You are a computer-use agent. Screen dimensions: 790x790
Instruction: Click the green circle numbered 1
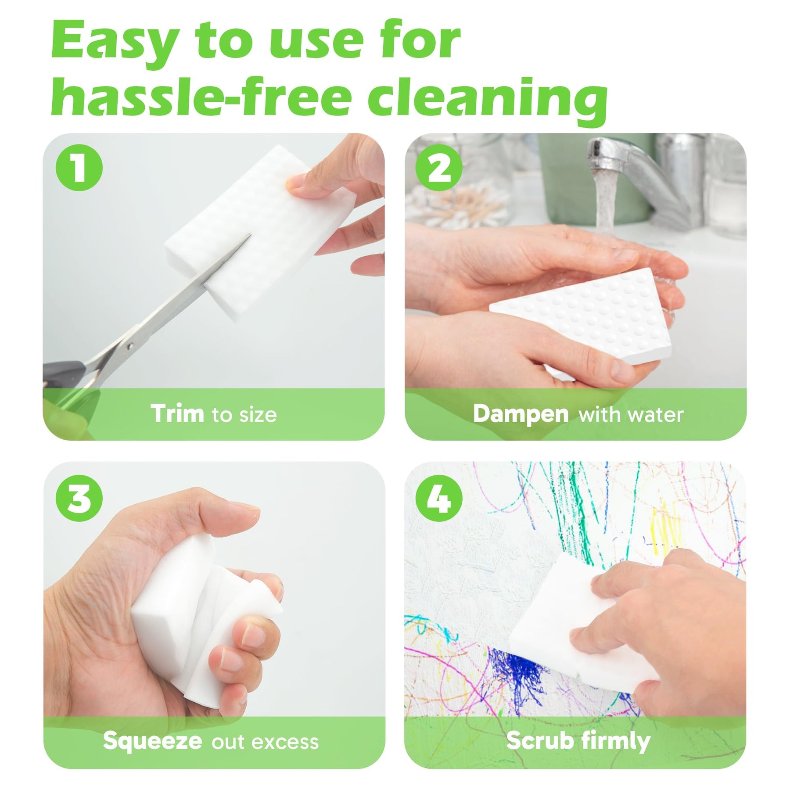pos(79,167)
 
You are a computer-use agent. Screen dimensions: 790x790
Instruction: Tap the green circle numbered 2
pos(439,167)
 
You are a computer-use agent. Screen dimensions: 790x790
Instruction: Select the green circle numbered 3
pos(79,498)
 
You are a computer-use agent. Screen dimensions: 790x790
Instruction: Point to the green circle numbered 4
pos(439,498)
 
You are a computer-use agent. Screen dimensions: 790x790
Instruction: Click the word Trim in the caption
pos(177,413)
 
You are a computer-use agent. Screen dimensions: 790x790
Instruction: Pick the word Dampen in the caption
pos(521,414)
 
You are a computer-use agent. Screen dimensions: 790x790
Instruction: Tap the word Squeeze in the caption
pos(152,742)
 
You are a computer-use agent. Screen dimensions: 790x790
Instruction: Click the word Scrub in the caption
pos(540,741)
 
